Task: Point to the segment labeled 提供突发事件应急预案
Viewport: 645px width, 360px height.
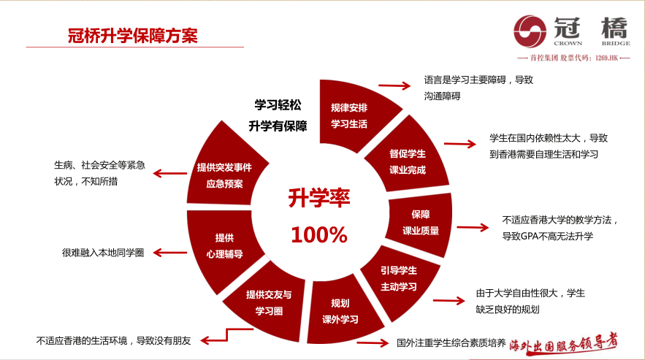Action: click(224, 173)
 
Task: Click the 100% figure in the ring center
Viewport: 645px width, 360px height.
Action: click(318, 235)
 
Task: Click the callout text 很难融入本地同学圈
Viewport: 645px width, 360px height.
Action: click(103, 253)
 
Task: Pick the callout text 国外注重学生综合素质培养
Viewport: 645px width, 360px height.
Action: click(451, 342)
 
